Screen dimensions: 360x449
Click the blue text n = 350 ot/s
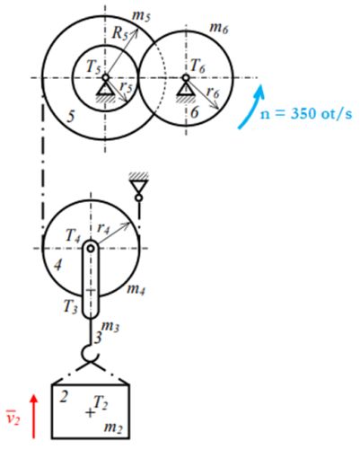pos(306,114)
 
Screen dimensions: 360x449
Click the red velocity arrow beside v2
pos(34,417)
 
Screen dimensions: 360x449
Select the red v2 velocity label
pos(13,418)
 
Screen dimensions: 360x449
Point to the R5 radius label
pos(119,32)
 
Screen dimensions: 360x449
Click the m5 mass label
pos(141,16)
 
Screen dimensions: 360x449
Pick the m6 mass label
pos(219,29)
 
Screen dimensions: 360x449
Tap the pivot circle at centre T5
pos(105,77)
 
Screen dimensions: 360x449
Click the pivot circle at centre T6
pos(186,77)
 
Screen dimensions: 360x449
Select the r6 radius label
pos(213,92)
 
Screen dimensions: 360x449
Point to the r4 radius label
pos(103,229)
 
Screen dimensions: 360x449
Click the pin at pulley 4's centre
pos(91,248)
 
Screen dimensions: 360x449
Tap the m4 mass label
pos(136,289)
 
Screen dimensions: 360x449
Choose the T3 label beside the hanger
pos(71,306)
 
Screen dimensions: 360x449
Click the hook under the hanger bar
pos(90,353)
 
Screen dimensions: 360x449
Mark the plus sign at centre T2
pos(90,413)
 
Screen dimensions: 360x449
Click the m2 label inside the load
pos(113,427)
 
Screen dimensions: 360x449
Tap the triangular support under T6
pos(186,89)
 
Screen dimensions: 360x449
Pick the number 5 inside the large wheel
pos(71,116)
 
